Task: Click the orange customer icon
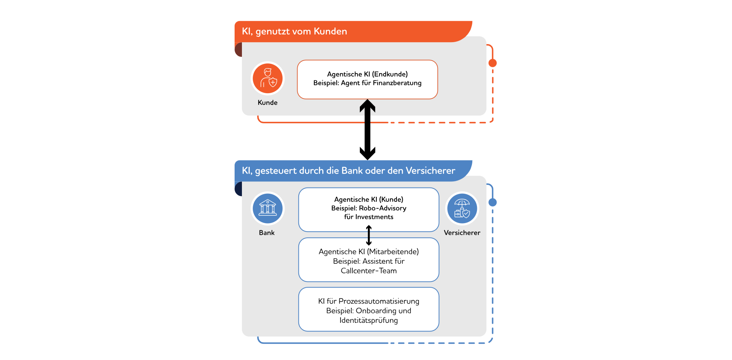pos(267,78)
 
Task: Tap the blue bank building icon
pos(267,208)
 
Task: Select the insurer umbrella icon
pos(462,208)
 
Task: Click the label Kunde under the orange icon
pos(267,102)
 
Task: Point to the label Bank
pos(267,233)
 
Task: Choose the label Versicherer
pos(462,233)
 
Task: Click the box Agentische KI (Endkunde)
pos(367,79)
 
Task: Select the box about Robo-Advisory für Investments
pos(369,209)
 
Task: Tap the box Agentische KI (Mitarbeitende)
pos(369,260)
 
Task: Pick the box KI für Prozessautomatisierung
pos(369,309)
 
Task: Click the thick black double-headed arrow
pos(368,130)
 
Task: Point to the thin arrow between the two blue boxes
pos(369,235)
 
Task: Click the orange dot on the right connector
pos(492,63)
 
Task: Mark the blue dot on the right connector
pos(492,202)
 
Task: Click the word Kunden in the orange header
pos(330,31)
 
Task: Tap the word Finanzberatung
pos(397,83)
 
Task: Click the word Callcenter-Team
pos(369,271)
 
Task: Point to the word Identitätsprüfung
pos(369,321)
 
